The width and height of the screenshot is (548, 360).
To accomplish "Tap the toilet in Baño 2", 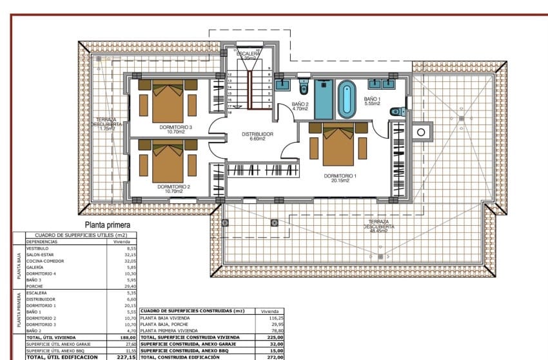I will coord(304,86).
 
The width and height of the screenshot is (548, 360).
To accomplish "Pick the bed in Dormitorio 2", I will coord(168,163).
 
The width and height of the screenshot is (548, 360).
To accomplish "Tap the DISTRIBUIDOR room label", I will coord(258,134).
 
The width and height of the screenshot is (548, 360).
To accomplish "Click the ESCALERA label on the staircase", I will coord(250,54).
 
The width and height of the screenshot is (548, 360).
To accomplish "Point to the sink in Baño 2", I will coord(282,84).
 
